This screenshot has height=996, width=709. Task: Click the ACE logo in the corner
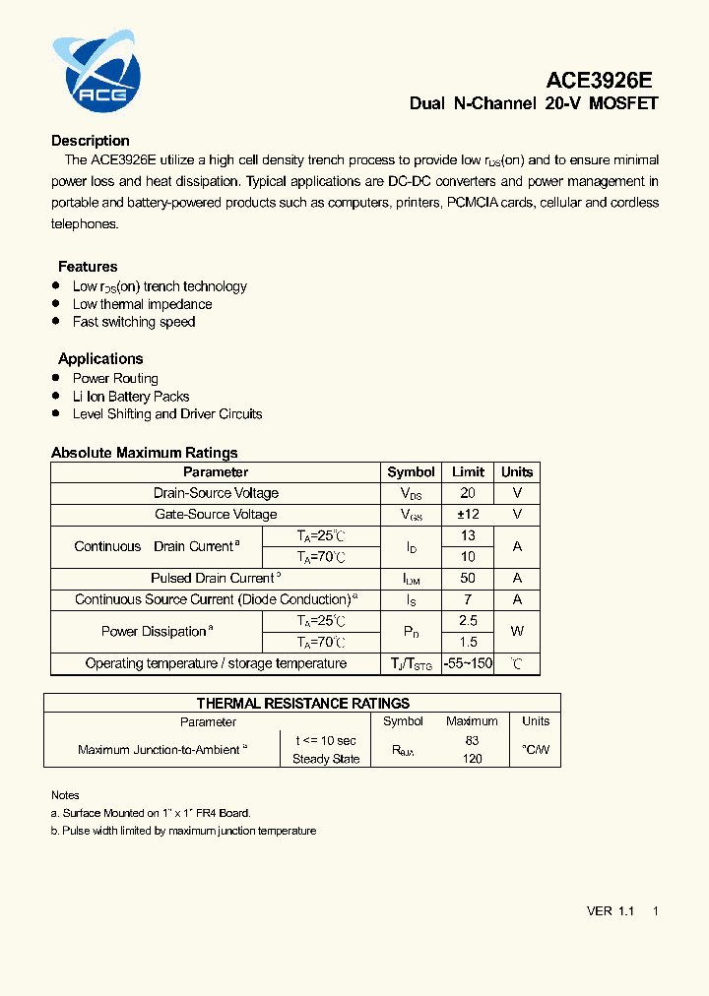point(97,71)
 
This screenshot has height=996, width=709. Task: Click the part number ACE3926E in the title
point(599,81)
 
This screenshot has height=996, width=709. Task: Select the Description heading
point(91,141)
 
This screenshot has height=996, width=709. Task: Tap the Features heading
point(88,267)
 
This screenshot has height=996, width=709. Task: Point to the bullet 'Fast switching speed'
point(134,322)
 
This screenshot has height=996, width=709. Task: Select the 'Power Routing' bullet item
point(115,379)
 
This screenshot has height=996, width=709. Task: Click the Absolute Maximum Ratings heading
point(145,453)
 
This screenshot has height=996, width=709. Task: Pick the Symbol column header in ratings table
point(411,472)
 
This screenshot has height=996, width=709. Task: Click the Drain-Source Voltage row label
point(216,493)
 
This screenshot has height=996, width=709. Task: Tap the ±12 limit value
point(468,514)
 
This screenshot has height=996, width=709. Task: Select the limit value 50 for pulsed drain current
point(468,579)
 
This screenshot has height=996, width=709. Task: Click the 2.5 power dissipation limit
point(468,621)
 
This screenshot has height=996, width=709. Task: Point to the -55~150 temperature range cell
point(468,664)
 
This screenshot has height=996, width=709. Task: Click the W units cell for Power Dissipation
point(517,632)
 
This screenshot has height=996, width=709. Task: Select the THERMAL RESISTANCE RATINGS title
point(303,703)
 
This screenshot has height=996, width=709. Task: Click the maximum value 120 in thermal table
point(473,759)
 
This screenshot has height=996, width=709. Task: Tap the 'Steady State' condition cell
point(326,759)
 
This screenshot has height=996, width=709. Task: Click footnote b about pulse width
point(184,831)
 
